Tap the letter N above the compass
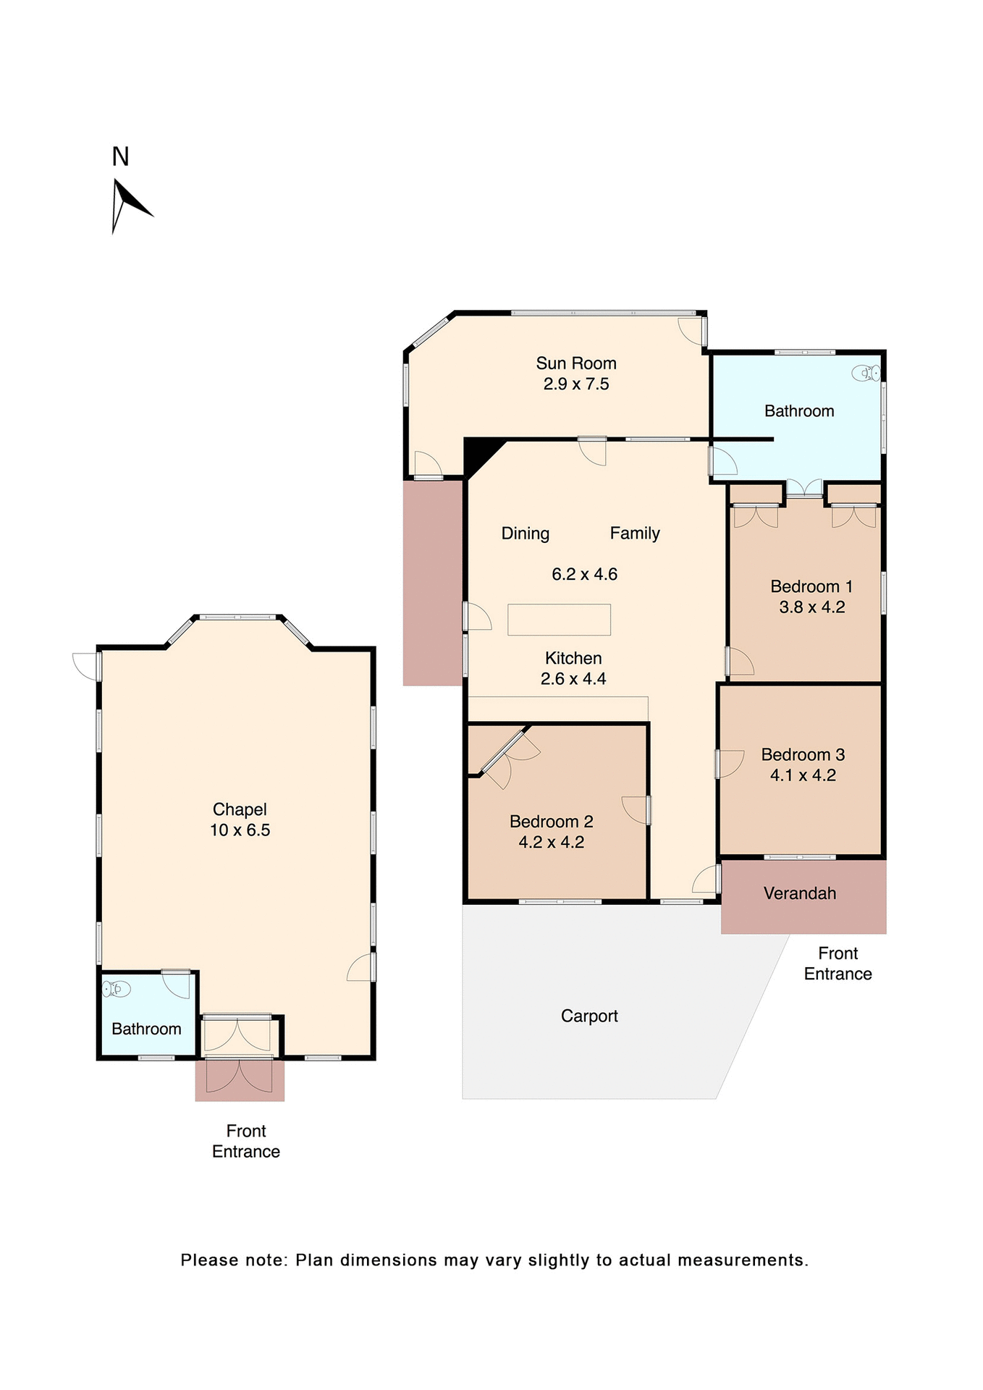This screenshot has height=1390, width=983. [120, 157]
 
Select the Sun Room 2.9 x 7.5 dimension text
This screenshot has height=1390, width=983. [576, 384]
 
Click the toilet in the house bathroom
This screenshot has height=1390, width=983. [866, 374]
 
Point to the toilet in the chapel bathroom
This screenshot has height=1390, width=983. [116, 988]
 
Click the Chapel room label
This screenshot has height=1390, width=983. [240, 809]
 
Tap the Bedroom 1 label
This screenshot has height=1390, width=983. [811, 586]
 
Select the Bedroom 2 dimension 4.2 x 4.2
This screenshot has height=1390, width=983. [551, 843]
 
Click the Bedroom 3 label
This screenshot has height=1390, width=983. [803, 754]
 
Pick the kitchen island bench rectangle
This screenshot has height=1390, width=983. [559, 620]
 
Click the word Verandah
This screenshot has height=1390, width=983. [800, 893]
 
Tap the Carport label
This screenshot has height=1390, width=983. [589, 1016]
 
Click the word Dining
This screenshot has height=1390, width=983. [526, 534]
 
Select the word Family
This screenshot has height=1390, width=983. [635, 534]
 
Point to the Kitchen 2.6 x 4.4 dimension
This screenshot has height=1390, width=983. [573, 679]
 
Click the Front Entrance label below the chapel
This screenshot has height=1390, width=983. [246, 1141]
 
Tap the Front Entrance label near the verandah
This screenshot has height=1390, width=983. [838, 964]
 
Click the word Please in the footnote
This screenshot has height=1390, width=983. [208, 1260]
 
